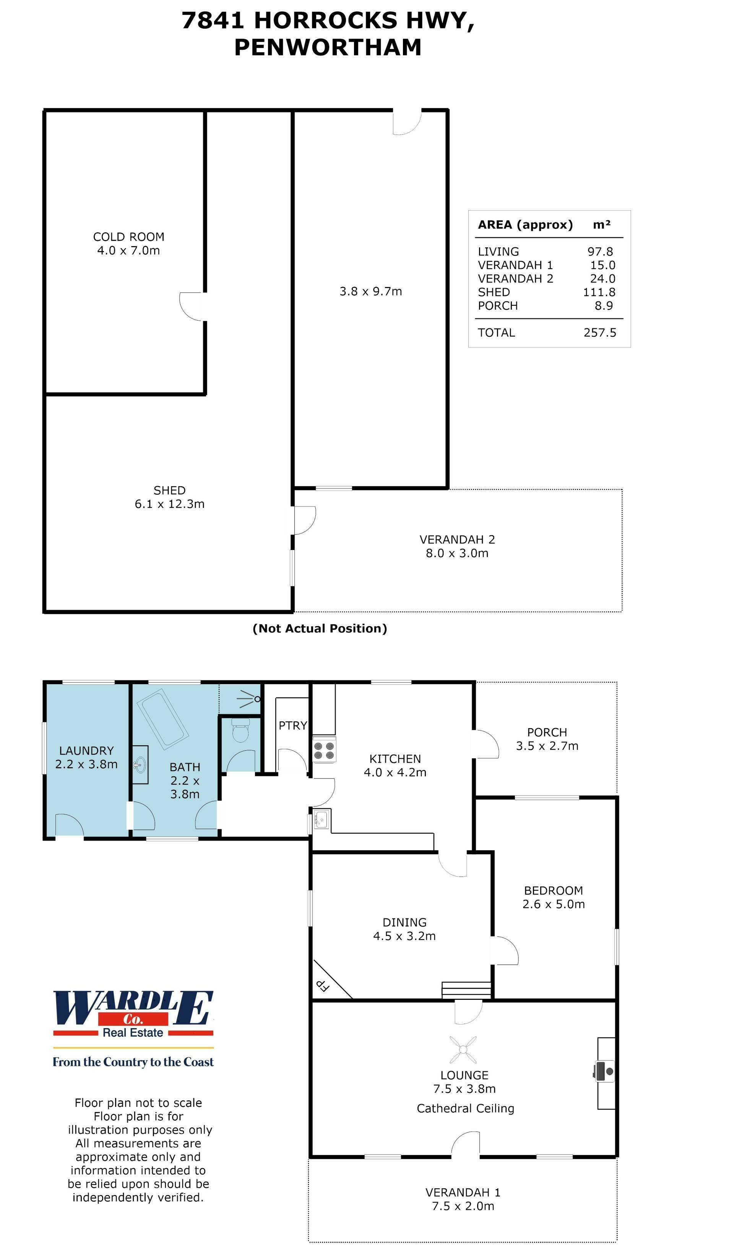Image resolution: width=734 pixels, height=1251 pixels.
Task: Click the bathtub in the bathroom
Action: pos(162,719)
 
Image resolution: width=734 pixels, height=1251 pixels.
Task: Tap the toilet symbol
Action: pos(240,731)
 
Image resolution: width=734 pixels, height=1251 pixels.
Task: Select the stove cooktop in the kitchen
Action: pos(324,751)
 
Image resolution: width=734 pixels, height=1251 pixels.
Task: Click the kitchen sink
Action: pos(321,819)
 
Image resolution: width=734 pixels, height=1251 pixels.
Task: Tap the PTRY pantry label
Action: pos(292,725)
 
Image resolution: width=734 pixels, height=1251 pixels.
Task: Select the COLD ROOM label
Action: pos(128,237)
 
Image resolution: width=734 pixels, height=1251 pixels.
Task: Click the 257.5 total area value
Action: pos(599,333)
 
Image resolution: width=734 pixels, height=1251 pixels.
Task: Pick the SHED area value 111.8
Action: pos(599,292)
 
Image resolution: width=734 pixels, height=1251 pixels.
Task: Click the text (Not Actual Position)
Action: pos(320,628)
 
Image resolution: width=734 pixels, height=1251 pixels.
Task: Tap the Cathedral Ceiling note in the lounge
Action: pos(465,1108)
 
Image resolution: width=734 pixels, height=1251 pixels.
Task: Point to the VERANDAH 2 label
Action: pos(457,539)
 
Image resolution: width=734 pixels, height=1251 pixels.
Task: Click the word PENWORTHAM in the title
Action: pos(328,48)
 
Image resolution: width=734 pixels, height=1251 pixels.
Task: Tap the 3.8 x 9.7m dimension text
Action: pos(370,291)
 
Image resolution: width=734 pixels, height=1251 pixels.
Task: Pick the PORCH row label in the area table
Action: pos(498,306)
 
